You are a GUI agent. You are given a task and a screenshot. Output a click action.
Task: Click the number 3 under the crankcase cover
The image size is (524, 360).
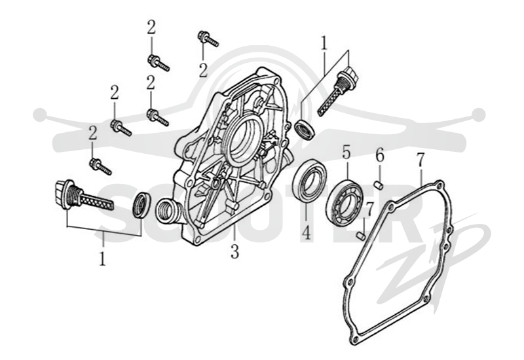pyautogui.click(x=234, y=251)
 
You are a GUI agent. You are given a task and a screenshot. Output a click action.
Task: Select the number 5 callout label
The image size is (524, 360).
pyautogui.click(x=346, y=152)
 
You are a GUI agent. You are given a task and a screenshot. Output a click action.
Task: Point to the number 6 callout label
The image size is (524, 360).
pyautogui.click(x=380, y=156)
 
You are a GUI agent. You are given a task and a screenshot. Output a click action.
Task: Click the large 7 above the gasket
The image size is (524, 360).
pyautogui.click(x=421, y=160)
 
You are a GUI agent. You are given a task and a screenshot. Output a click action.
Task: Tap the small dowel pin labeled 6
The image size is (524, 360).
pyautogui.click(x=379, y=185)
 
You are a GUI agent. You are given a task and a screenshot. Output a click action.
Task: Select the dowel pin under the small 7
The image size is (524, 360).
pyautogui.click(x=361, y=236)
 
